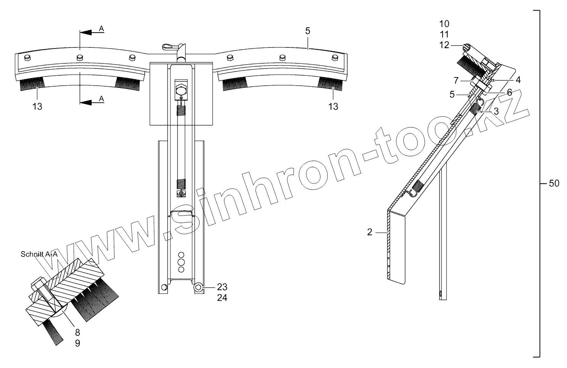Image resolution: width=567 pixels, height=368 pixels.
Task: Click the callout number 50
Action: (x=554, y=183)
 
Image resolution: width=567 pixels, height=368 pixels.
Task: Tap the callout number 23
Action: (x=222, y=287)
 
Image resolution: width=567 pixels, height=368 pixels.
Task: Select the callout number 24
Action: (x=222, y=298)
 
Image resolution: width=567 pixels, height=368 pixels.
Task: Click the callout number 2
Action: (x=370, y=232)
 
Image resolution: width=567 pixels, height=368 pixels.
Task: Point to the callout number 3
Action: (x=496, y=111)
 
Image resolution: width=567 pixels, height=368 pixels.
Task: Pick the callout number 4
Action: (x=518, y=80)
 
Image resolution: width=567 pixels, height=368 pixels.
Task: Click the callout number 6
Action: (x=509, y=92)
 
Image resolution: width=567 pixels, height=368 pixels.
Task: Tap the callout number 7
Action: (x=456, y=81)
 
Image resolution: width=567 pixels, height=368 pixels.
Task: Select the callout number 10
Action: (x=444, y=24)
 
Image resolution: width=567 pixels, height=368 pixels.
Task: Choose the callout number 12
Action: (x=444, y=45)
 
